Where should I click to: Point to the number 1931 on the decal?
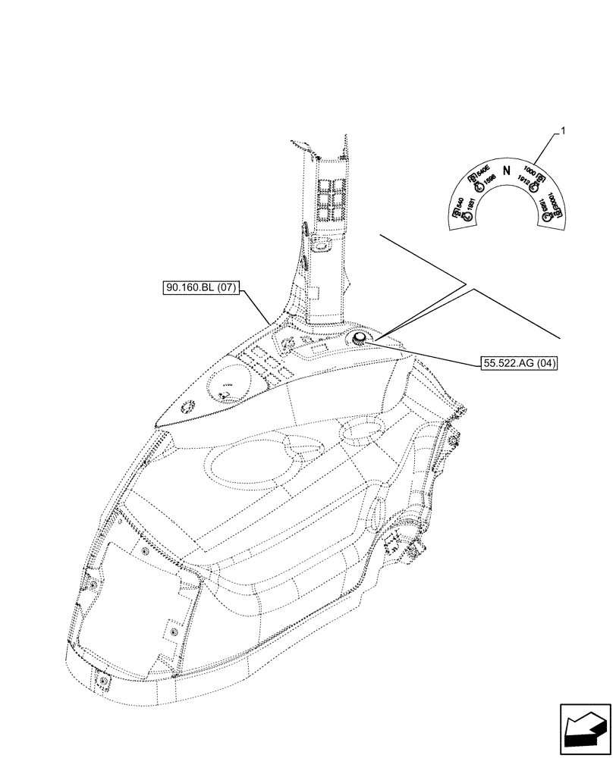click(470, 204)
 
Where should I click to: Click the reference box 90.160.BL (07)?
click(201, 287)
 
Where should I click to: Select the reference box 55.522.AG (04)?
click(520, 363)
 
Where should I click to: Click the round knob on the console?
click(358, 339)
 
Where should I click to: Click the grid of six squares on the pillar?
click(328, 198)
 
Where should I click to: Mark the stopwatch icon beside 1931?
click(467, 215)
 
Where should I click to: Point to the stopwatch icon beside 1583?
click(546, 215)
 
